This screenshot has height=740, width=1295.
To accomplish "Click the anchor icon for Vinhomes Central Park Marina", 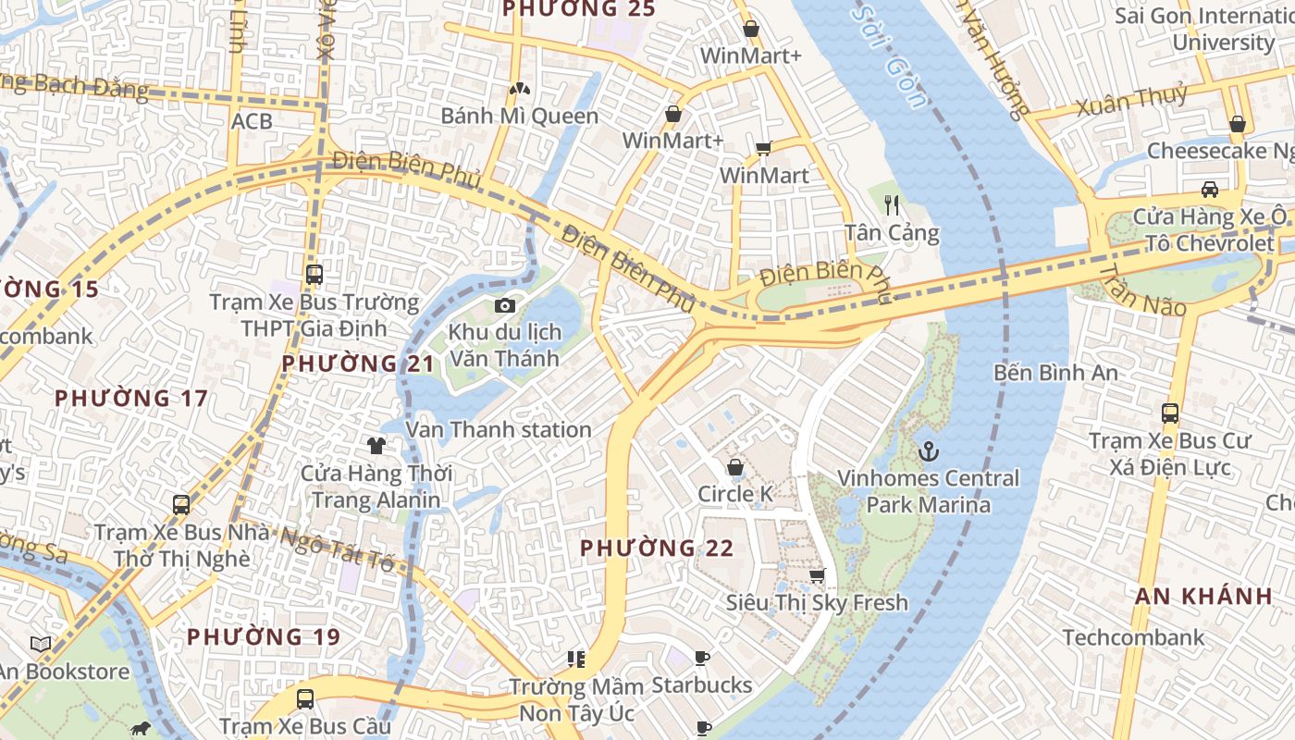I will point(928,451).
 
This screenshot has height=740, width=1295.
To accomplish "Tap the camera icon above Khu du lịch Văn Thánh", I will point(504,305).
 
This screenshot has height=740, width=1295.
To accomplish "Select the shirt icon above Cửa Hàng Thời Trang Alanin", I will point(376,446).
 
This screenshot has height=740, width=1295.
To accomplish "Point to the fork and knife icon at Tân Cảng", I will point(892,205).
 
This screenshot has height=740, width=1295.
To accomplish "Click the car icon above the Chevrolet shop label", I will point(1209,190).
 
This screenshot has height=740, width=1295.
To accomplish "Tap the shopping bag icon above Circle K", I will point(735,467).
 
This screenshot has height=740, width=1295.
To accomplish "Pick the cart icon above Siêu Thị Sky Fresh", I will point(817,575).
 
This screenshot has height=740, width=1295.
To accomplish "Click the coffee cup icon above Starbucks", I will point(702,658).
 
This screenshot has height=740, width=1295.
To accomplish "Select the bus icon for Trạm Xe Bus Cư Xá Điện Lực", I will point(1170,413).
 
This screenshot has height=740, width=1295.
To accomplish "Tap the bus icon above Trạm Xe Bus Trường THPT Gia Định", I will point(314,275).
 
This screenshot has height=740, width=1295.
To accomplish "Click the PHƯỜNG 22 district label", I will point(657,549).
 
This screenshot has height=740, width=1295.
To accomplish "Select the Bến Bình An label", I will point(1055,373).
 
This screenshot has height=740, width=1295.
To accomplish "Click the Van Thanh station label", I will point(499,430).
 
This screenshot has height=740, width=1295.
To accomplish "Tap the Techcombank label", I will point(1134,637).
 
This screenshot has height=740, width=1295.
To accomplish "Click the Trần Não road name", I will point(1143,290).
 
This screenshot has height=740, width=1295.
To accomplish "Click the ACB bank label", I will point(252,121).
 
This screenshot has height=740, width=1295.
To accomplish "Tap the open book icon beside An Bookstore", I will point(40,644).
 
